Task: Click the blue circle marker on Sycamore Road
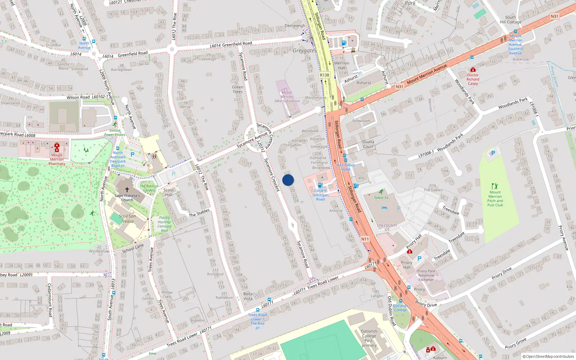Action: pos(288,180)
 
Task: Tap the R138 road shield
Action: pos(324,75)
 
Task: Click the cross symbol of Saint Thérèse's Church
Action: pos(127,189)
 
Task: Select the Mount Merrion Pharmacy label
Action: pos(57,159)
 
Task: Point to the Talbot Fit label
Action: pos(381,198)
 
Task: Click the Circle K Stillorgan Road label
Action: pos(320,195)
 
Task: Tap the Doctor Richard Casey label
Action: pos(473,79)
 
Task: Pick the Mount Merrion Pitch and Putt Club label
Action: pos(495,199)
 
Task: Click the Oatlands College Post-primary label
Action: pos(369,338)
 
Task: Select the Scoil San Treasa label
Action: pos(127,219)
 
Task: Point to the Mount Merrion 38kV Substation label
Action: pos(287,96)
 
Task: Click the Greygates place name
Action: pos(305,51)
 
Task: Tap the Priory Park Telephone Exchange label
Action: pos(426,275)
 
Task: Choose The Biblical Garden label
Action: pos(149,188)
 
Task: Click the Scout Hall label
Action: pos(168,192)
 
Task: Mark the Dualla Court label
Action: pos(368,144)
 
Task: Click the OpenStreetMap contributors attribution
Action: pos(548,356)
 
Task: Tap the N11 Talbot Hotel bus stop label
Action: pos(346,167)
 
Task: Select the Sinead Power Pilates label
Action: pos(115,133)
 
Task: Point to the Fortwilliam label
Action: pos(361,121)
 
